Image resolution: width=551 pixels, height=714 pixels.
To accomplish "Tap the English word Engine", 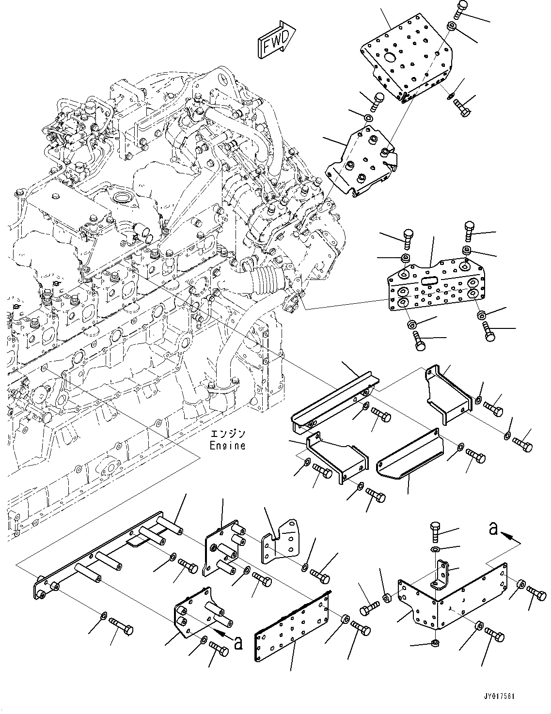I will point(227,445).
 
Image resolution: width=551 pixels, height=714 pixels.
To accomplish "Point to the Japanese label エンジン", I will point(227,434).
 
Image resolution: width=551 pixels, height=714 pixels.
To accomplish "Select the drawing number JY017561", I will point(498,697).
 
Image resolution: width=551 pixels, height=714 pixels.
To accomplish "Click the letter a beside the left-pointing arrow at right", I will point(493,530).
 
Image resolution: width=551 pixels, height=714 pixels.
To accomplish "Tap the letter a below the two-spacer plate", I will point(237,643).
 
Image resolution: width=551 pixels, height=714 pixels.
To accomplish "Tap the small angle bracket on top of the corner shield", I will point(442,574).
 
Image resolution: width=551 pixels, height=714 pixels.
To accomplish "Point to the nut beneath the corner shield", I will point(435,643).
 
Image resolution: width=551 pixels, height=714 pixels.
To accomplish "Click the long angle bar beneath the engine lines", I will point(334,397).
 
